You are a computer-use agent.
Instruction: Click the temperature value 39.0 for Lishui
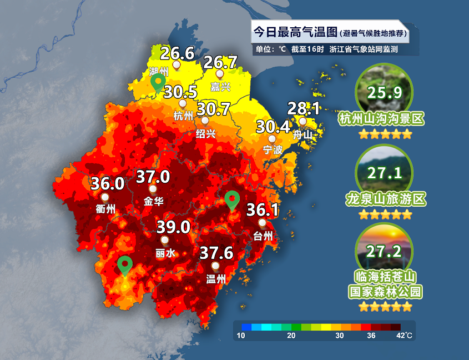(173, 227)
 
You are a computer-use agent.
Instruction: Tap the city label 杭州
(183, 116)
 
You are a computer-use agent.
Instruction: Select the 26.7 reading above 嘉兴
(220, 61)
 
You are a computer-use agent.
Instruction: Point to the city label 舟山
(303, 134)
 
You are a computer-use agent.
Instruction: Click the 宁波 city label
(273, 149)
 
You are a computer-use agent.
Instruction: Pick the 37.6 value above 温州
(216, 253)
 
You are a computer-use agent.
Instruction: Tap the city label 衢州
(105, 209)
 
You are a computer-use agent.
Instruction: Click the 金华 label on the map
(153, 201)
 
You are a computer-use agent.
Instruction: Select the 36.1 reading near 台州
(262, 210)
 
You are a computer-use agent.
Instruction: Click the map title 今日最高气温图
(287, 33)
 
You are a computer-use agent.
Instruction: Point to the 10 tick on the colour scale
(241, 335)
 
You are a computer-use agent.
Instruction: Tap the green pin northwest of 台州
(232, 199)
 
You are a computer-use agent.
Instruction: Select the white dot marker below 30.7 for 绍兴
(205, 120)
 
